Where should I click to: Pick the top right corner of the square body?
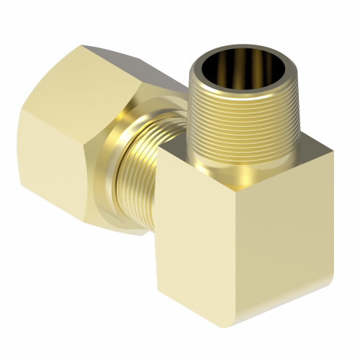coord(333,150)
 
